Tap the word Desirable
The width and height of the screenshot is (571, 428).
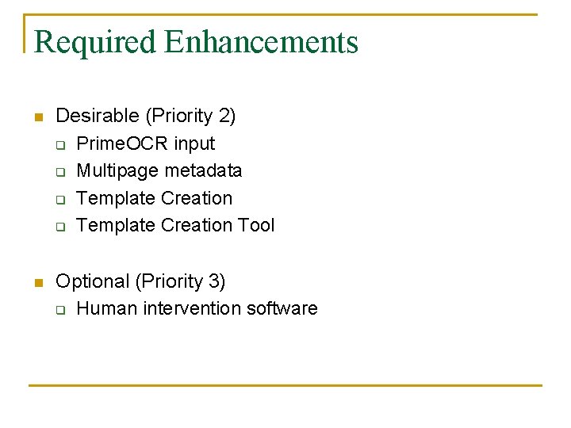pyautogui.click(x=98, y=117)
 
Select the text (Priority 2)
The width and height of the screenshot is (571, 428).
pyautogui.click(x=190, y=117)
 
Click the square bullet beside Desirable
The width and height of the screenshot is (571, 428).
pyautogui.click(x=36, y=118)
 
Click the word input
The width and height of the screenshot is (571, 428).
pyautogui.click(x=194, y=143)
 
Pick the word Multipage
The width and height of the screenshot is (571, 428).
pyautogui.click(x=116, y=170)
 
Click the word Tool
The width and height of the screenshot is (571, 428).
pyautogui.click(x=256, y=225)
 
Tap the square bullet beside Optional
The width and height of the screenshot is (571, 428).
pyautogui.click(x=36, y=283)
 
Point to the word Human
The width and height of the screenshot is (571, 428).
pyautogui.click(x=107, y=308)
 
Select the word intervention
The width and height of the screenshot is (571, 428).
pyautogui.click(x=192, y=308)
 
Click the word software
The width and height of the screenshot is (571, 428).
pyautogui.click(x=282, y=308)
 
